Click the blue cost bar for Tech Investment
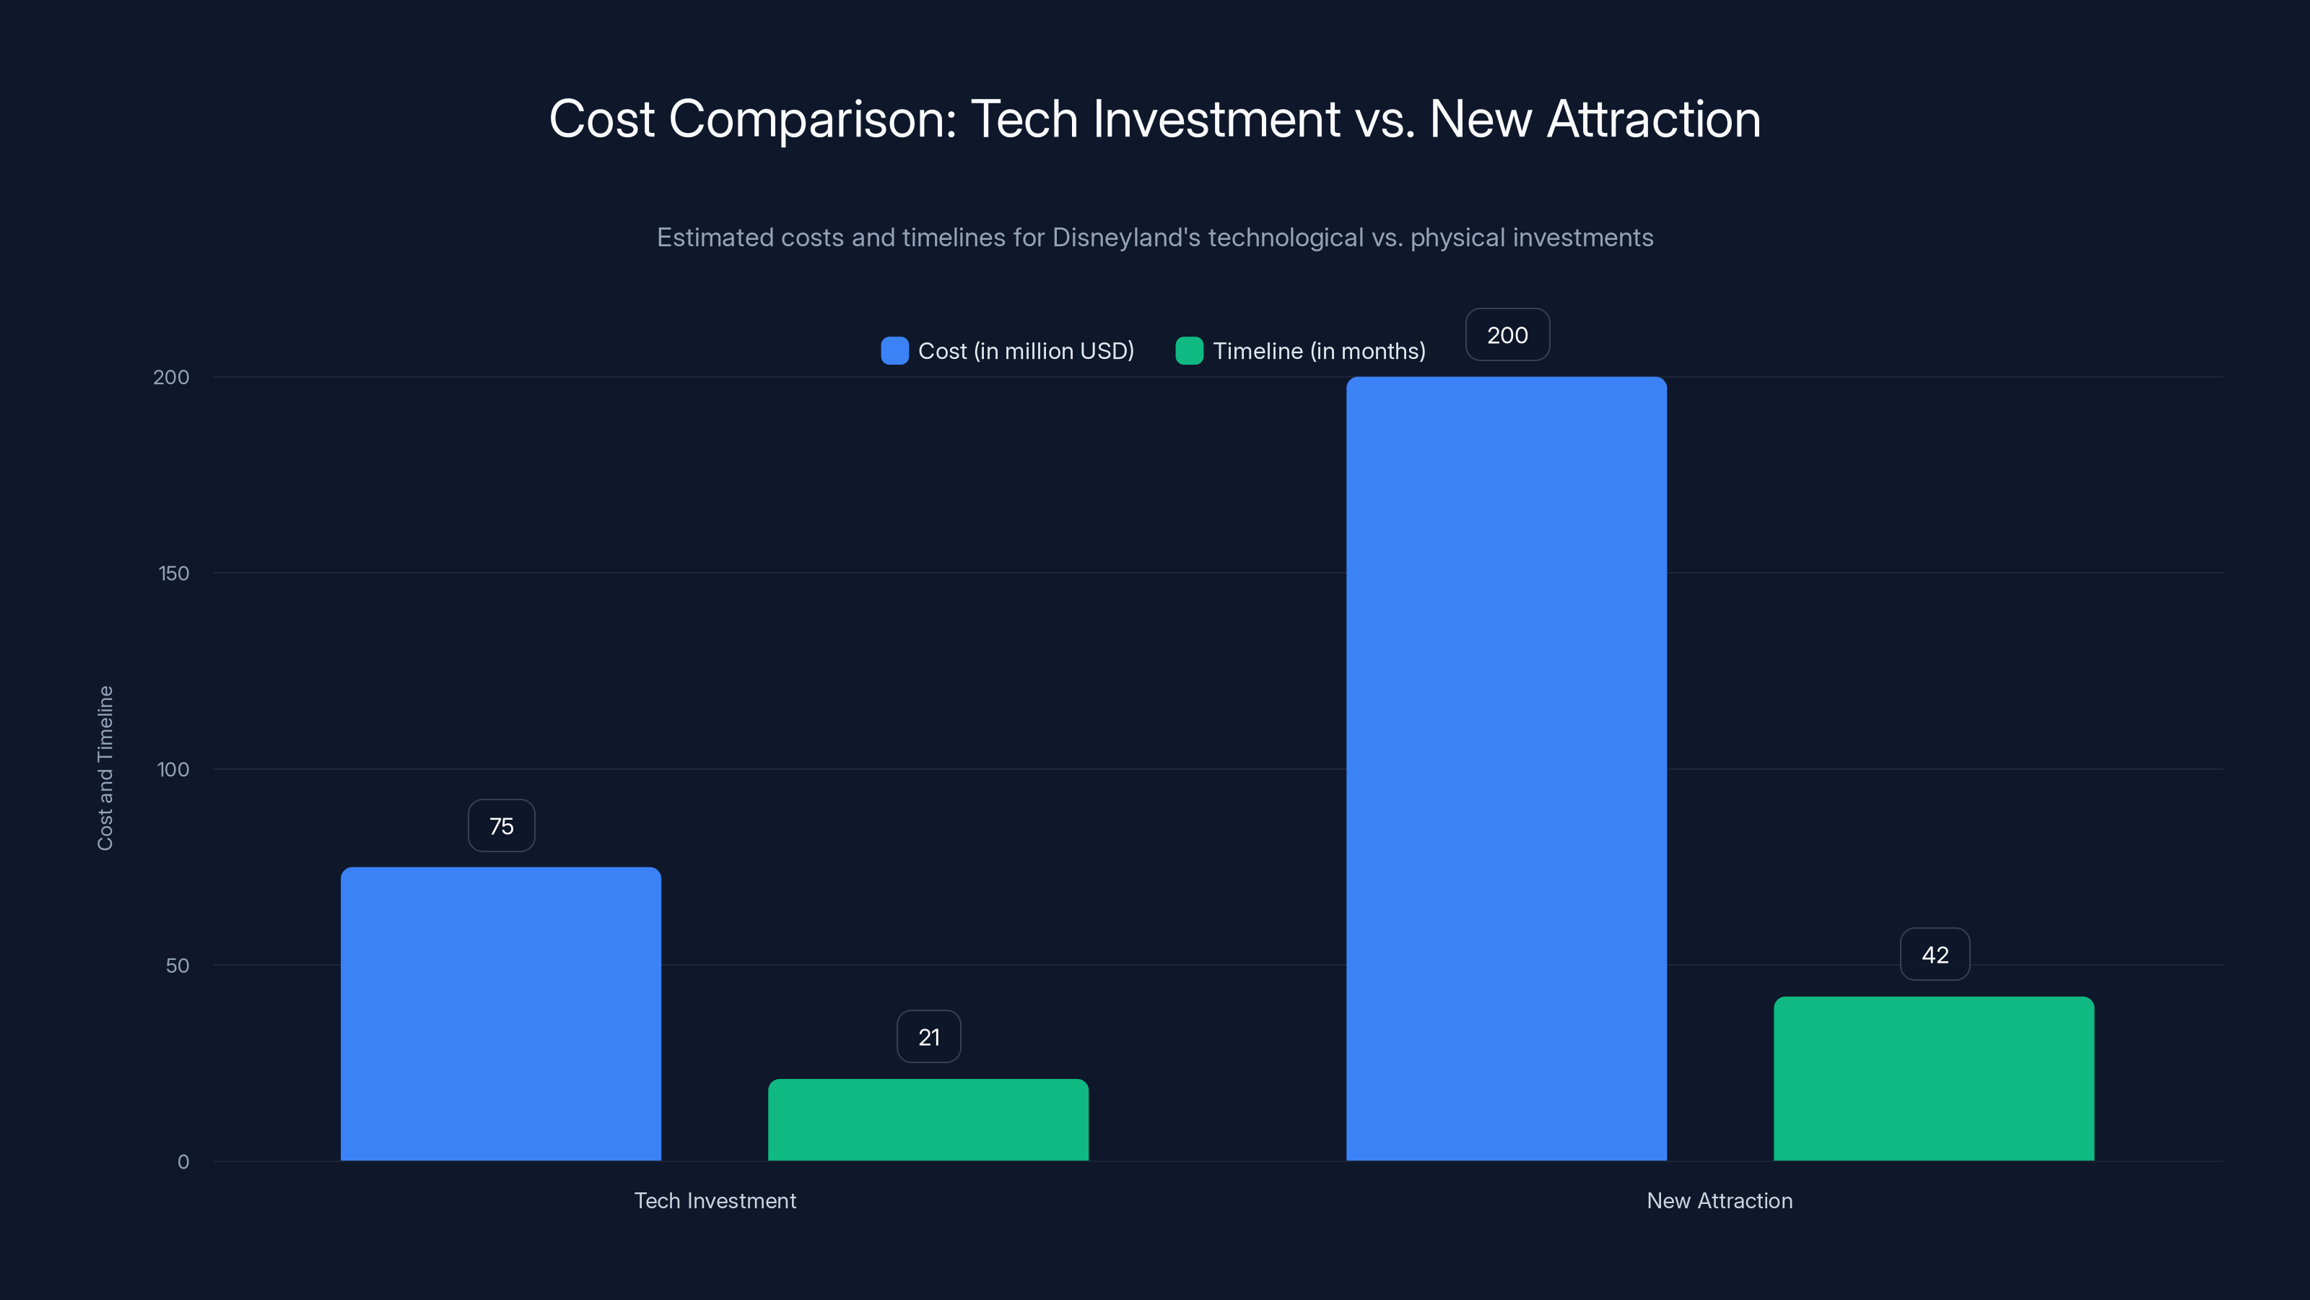coord(500,1014)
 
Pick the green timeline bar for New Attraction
coord(1933,1078)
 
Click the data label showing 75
coord(501,825)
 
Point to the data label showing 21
coord(929,1037)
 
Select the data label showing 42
coord(1935,955)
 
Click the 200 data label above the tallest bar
coord(1507,334)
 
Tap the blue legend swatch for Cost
coord(894,351)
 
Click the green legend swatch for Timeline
coord(1189,351)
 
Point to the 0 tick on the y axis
coord(183,1162)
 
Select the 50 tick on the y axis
coord(178,966)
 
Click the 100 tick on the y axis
coord(173,769)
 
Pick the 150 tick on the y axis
coord(174,573)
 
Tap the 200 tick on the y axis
coord(171,377)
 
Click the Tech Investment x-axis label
coord(715,1200)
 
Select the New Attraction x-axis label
coord(1719,1200)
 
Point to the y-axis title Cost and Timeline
coord(105,768)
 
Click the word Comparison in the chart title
coord(811,119)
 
